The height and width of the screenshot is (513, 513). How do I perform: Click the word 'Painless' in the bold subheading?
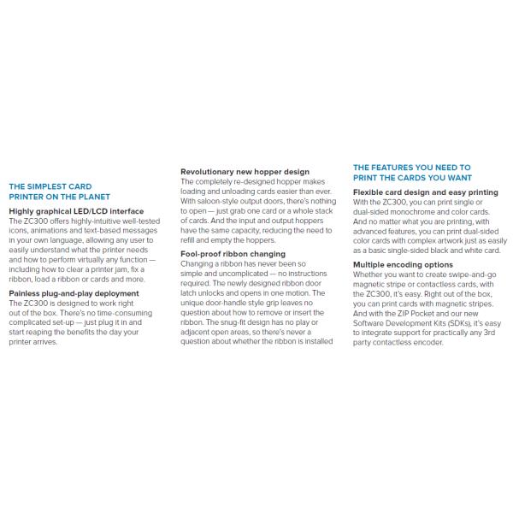click(x=27, y=293)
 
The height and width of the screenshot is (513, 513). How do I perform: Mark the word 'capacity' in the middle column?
click(x=253, y=230)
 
